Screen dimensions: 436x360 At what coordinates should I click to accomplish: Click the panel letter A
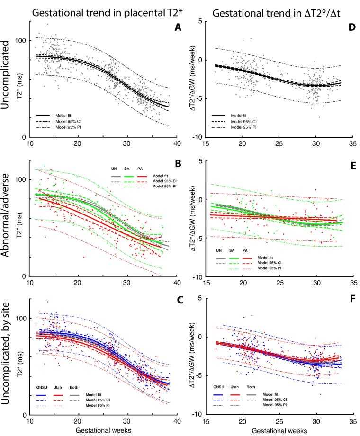coord(164,28)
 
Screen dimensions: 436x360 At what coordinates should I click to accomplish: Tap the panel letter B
coord(164,164)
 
